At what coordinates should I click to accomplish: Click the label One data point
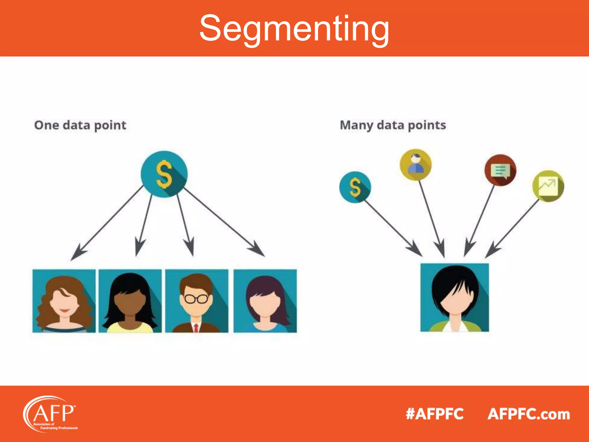click(x=80, y=125)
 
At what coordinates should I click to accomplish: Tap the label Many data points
click(x=393, y=125)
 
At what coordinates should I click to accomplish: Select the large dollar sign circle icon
click(x=164, y=174)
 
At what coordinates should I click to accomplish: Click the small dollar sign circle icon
click(x=355, y=187)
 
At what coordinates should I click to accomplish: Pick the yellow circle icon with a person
click(x=416, y=165)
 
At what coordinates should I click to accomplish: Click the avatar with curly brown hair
click(x=64, y=301)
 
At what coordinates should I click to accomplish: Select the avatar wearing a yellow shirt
click(x=130, y=301)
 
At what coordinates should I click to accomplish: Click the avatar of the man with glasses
click(x=197, y=301)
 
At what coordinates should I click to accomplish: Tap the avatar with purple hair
click(x=265, y=301)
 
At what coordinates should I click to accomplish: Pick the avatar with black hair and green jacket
click(x=455, y=298)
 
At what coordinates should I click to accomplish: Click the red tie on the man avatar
click(x=196, y=328)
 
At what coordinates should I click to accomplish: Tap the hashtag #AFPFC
click(x=435, y=414)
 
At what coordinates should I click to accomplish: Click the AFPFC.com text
click(x=529, y=414)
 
